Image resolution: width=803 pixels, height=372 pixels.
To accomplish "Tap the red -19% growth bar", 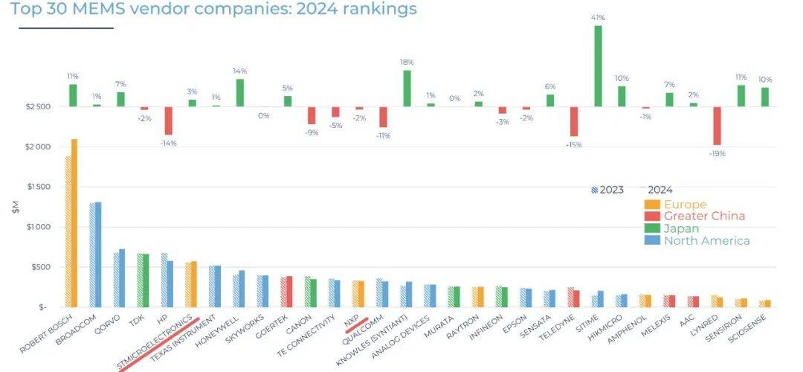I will point(717,126).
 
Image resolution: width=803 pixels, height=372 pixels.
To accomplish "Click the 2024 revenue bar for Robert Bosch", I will point(74,222).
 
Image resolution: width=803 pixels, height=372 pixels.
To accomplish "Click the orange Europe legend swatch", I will point(651,205).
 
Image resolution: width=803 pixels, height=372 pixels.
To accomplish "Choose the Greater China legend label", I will point(704,217).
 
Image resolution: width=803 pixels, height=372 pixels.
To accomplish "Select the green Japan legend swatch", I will point(651,228).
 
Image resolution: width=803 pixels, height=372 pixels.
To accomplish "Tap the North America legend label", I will point(706,240).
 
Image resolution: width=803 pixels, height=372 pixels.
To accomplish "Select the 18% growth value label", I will point(407,62).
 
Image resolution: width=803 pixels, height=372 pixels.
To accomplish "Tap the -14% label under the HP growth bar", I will point(170,142).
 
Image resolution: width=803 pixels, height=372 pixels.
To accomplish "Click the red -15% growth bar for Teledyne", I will point(574,121).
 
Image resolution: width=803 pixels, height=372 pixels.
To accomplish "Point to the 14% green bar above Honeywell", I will point(240,92).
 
